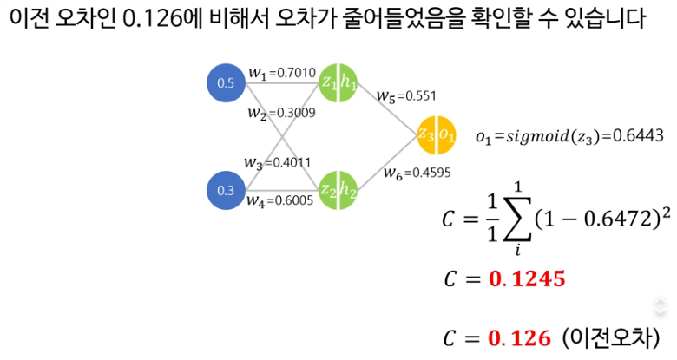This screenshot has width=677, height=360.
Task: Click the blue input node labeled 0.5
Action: click(x=226, y=83)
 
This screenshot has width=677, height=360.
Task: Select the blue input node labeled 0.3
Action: click(x=226, y=190)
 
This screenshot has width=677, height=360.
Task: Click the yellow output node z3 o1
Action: click(x=436, y=135)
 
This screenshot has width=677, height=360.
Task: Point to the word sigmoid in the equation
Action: click(x=536, y=135)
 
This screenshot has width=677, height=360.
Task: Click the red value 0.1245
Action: click(x=527, y=279)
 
